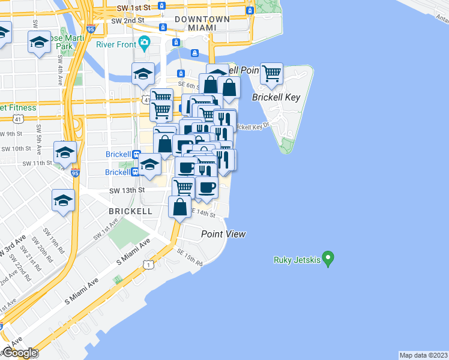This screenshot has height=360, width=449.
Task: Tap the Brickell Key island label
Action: tap(276, 97)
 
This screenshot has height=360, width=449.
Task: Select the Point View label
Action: tap(223, 234)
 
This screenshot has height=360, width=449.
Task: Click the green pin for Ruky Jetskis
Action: tap(328, 258)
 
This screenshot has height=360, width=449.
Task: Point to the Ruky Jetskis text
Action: tap(295, 260)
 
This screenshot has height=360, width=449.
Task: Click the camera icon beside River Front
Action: tap(143, 43)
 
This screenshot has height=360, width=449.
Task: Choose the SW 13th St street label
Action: tap(127, 190)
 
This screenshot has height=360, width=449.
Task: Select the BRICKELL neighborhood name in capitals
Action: tap(130, 212)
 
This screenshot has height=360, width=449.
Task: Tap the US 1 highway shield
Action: tap(147, 264)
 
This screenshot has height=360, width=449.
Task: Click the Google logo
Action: tap(19, 353)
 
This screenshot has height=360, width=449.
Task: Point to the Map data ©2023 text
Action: tap(423, 355)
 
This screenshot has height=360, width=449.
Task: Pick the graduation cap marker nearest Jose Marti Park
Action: tap(39, 43)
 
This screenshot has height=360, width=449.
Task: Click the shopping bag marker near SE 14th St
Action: tap(180, 208)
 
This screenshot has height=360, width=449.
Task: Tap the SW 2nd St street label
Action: tap(128, 20)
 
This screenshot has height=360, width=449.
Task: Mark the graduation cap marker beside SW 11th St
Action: tap(65, 152)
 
